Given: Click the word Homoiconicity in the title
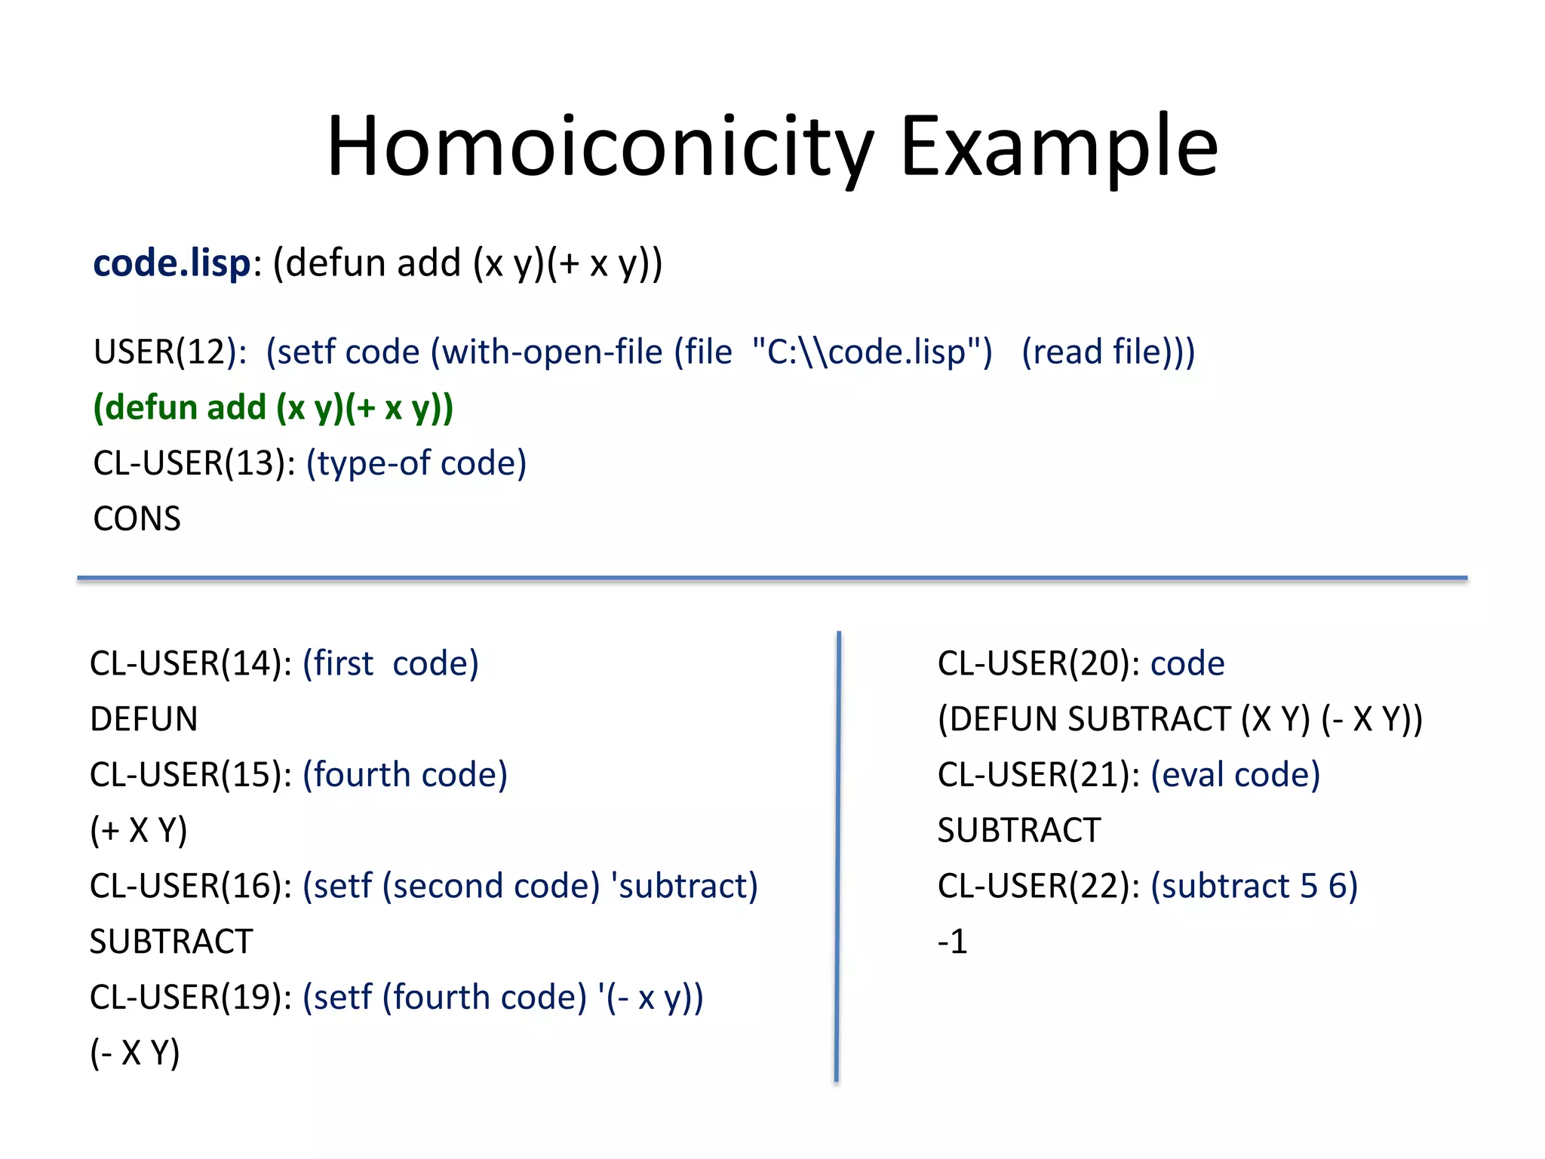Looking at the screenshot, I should click(600, 146).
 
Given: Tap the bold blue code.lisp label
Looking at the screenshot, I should click(171, 263).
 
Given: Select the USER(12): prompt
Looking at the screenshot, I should click(170, 352).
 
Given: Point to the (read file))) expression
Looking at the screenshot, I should click(1108, 352).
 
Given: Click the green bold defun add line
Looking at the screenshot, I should click(273, 408).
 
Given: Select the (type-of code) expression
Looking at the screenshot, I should click(416, 463).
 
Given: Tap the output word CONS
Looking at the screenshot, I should click(137, 519).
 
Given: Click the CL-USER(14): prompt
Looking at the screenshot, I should click(191, 664).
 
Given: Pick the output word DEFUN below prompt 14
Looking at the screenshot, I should click(143, 719).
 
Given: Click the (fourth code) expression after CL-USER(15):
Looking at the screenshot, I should click(405, 775).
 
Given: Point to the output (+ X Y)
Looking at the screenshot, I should click(139, 831).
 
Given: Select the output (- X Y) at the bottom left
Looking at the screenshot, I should click(135, 1053).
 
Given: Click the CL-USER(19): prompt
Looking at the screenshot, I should click(191, 998).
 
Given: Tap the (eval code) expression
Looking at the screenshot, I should click(1235, 775).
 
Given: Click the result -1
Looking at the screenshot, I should click(952, 942).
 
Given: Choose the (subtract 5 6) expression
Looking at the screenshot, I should click(1254, 886).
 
